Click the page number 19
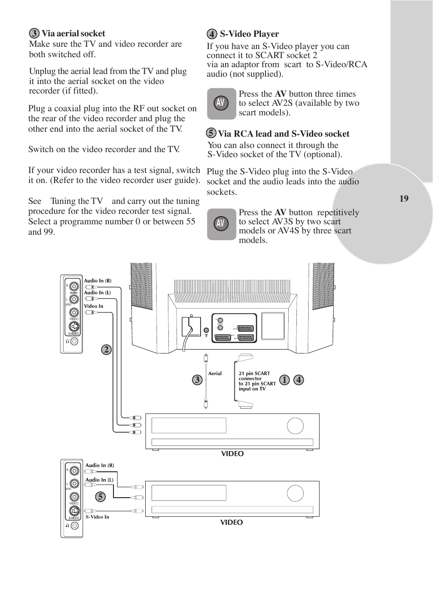[404, 198]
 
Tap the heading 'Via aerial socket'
[73, 34]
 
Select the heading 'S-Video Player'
[249, 34]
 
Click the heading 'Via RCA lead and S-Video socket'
[283, 134]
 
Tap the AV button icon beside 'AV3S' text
[221, 224]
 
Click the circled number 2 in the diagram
[106, 350]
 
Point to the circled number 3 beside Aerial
[197, 380]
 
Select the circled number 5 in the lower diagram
[100, 497]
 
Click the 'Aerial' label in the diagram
[215, 374]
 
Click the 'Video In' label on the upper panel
[93, 306]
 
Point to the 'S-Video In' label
[97, 517]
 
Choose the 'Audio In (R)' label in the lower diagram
[100, 465]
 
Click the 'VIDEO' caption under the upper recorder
[232, 454]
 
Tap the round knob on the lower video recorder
[295, 494]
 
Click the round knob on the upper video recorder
[295, 426]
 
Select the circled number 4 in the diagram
[298, 380]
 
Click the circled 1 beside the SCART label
[284, 380]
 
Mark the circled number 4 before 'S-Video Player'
[212, 34]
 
